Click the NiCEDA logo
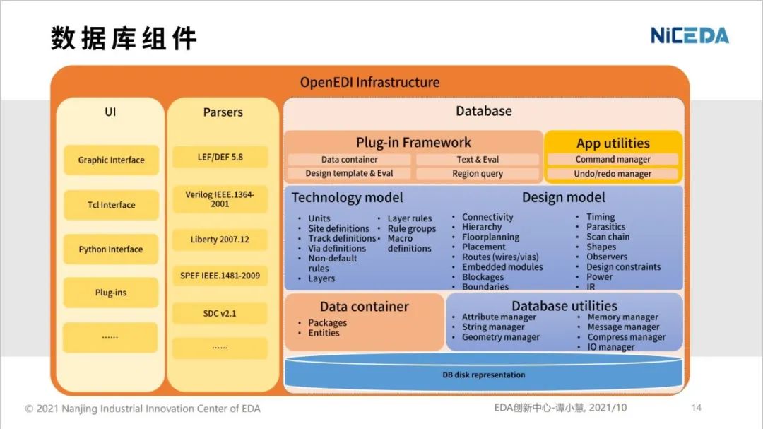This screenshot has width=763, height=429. [689, 35]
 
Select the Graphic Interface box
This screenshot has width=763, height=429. [111, 160]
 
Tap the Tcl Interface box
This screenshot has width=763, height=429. [111, 205]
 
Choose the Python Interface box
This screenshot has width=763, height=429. [111, 249]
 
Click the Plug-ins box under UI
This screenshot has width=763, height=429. [111, 293]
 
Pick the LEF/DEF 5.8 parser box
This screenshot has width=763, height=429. [220, 157]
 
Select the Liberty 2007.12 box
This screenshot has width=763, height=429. [220, 240]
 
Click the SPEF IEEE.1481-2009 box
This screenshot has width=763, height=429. [220, 276]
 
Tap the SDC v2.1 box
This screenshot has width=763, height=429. [220, 313]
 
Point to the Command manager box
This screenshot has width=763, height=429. [613, 160]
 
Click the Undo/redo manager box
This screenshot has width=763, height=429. [613, 174]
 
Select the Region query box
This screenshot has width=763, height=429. [478, 174]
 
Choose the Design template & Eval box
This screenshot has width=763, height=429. [349, 174]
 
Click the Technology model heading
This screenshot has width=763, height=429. [348, 198]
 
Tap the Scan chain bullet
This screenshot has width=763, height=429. [608, 237]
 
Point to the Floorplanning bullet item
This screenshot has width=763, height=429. [490, 237]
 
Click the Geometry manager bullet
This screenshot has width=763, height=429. [500, 338]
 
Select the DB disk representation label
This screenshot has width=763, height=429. [483, 375]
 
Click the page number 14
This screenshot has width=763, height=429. [696, 408]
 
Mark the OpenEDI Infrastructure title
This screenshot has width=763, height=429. [369, 83]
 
